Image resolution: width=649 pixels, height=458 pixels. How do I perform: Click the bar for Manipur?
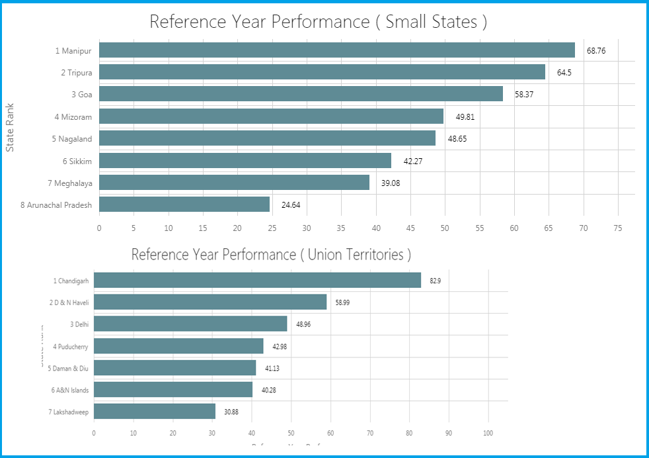(337, 50)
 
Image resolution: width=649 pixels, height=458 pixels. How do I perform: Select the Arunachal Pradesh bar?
(184, 205)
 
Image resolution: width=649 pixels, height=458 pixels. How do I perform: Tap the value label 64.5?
(564, 73)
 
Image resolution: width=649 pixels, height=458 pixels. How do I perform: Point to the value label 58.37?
(524, 95)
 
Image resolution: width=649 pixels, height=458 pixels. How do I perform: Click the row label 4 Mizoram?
(73, 117)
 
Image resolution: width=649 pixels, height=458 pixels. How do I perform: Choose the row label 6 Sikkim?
(77, 161)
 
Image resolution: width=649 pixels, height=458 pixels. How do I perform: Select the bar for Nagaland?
(267, 138)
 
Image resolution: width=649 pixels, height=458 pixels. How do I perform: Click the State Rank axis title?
(10, 126)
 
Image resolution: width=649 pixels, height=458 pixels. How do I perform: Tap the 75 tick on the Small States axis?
(617, 228)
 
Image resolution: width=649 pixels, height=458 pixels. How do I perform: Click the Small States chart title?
(318, 22)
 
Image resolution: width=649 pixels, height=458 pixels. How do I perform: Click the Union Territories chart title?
(271, 255)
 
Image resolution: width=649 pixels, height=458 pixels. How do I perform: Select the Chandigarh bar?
(257, 281)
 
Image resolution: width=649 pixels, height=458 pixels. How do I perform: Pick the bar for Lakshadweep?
(155, 411)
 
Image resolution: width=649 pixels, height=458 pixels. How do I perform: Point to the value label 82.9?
(435, 281)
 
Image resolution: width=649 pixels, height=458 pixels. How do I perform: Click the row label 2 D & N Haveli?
(69, 302)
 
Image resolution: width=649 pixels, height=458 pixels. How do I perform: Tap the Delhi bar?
(190, 324)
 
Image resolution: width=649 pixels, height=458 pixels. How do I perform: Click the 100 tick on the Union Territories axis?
(488, 434)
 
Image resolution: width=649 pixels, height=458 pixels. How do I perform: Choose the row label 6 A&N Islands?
(70, 390)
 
